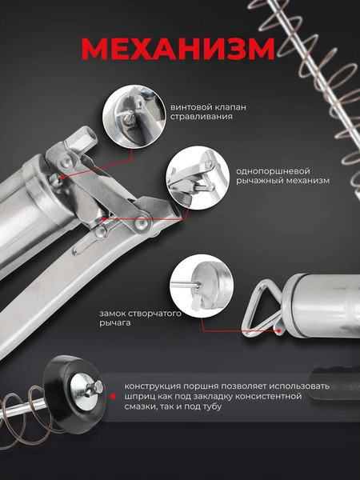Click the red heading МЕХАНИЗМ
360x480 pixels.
point(178,49)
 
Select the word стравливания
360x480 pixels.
point(201,117)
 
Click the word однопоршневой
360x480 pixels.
point(269,171)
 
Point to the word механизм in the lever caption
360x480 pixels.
point(309,180)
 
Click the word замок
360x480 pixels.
point(112,314)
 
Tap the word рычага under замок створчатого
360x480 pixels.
point(114,323)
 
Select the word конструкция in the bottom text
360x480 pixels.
point(150,386)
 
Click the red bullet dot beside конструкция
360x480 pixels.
point(113,397)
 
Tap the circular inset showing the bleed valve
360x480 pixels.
point(134,117)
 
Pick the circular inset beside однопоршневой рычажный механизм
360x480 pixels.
point(198,178)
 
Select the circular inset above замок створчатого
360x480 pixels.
point(202,286)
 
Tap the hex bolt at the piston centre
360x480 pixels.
point(98,387)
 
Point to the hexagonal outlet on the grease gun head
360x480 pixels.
point(80,140)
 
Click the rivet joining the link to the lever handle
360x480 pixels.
point(141,223)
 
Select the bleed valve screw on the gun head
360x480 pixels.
point(55,180)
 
